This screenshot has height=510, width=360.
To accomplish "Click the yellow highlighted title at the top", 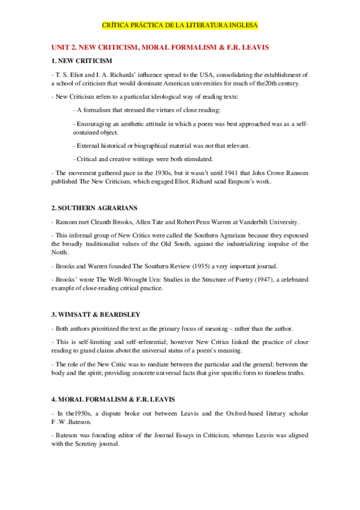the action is [x=180, y=26].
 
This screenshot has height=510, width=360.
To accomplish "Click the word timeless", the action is [x=276, y=373].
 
